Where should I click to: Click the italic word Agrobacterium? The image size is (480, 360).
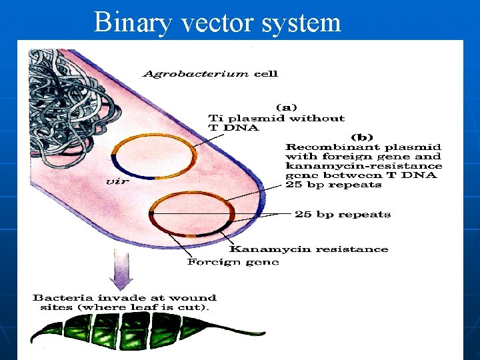pyautogui.click(x=197, y=73)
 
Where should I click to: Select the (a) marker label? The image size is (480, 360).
pyautogui.click(x=287, y=107)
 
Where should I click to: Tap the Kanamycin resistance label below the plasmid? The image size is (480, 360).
pyautogui.click(x=309, y=249)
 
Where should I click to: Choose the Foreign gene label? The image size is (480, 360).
pyautogui.click(x=233, y=262)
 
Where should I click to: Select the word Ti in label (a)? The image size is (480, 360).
pyautogui.click(x=215, y=118)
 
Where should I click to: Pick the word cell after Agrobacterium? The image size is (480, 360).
pyautogui.click(x=265, y=73)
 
